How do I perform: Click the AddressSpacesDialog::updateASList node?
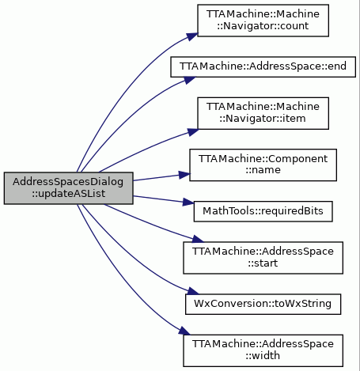(x=69, y=188)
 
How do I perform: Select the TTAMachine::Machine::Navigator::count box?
(x=263, y=21)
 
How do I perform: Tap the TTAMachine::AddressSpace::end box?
(x=263, y=66)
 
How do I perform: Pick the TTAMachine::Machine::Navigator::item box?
(x=263, y=113)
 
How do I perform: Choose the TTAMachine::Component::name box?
(x=263, y=165)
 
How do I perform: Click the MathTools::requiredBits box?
(x=263, y=211)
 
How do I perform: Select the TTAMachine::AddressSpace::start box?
(x=263, y=258)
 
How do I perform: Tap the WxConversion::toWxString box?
(x=263, y=304)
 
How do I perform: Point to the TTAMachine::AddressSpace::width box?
(x=263, y=350)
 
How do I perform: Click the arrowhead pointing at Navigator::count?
(x=192, y=36)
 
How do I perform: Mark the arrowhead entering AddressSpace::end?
(x=190, y=79)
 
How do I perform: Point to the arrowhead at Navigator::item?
(x=193, y=131)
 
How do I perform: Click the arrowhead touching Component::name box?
(x=184, y=175)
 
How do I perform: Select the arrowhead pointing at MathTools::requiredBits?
(x=188, y=202)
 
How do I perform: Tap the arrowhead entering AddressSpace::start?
(x=198, y=239)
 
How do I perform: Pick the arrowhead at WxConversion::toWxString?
(x=193, y=291)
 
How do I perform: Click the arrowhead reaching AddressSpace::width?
(x=184, y=331)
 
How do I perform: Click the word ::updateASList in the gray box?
(x=69, y=194)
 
